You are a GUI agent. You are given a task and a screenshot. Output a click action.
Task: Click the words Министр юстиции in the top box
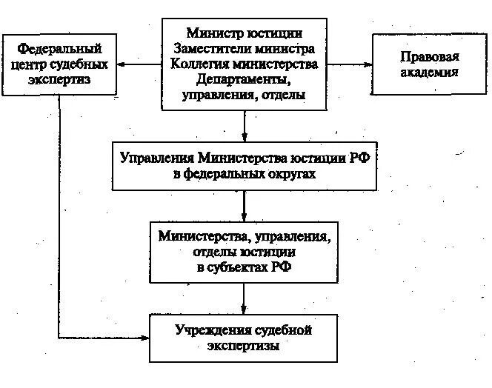pyautogui.click(x=245, y=33)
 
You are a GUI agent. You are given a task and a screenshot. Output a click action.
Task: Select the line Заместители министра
pyautogui.click(x=245, y=48)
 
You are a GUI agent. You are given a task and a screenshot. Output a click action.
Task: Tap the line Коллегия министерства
pyautogui.click(x=245, y=64)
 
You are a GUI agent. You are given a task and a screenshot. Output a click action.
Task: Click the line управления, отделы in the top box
pyautogui.click(x=245, y=95)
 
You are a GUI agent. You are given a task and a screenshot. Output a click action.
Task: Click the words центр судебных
pyautogui.click(x=59, y=64)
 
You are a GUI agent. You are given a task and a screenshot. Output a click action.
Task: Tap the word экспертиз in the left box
pyautogui.click(x=59, y=79)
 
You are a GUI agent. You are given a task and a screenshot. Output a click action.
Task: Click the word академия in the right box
pyautogui.click(x=425, y=73)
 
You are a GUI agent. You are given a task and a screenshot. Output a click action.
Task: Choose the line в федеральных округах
pyautogui.click(x=245, y=174)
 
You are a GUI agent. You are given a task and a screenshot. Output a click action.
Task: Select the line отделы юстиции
pyautogui.click(x=245, y=252)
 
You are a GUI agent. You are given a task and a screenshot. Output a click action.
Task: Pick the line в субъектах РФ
pyautogui.click(x=245, y=268)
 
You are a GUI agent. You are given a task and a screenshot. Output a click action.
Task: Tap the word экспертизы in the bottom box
pyautogui.click(x=245, y=346)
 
